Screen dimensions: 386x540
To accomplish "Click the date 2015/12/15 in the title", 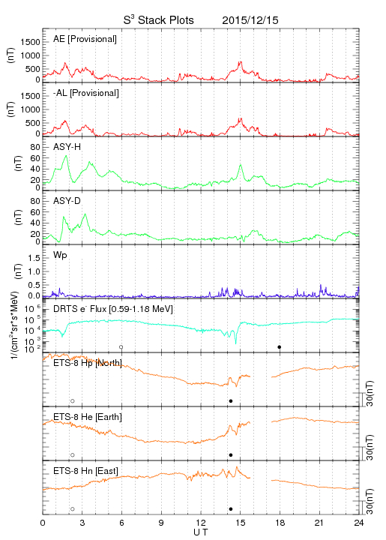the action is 250,20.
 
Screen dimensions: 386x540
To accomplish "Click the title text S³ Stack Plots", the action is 159,20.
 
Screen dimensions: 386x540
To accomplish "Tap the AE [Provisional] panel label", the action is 85,39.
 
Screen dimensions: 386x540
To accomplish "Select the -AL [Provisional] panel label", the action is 86,93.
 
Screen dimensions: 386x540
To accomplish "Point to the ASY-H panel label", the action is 67,147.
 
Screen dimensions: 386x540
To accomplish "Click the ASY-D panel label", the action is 67,201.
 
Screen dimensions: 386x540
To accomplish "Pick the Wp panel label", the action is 60,256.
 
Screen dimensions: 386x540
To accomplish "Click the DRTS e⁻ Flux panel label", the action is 113,309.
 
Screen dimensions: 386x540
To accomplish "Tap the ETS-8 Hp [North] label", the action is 88,363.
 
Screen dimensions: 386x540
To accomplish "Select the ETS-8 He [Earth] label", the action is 88,417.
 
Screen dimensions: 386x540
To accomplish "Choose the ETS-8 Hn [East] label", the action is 85,471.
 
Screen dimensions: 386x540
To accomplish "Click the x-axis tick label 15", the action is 241,523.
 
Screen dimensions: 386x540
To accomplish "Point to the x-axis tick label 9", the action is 161,523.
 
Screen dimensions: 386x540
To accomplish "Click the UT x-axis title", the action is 201,532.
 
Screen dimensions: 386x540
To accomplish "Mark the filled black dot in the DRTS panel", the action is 280,347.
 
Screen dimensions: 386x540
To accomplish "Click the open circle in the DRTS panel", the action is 121,347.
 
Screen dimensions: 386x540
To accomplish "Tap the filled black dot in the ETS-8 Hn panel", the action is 231,509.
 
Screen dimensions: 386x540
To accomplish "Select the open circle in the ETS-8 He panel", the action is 73,455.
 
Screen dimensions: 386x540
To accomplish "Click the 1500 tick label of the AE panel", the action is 30,42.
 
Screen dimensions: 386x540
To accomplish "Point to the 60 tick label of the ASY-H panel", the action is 35,158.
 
